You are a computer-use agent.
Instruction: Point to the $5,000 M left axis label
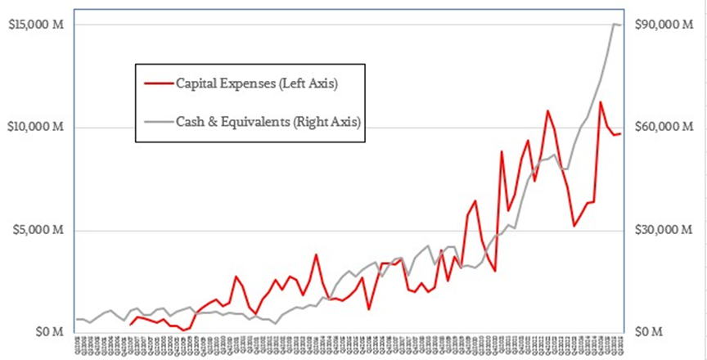[x=35, y=231]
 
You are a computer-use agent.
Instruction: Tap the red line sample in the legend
[x=157, y=83]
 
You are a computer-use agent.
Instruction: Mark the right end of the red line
[x=621, y=134]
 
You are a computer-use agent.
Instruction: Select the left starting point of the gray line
[x=77, y=319]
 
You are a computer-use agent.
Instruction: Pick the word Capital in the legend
[x=199, y=83]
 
